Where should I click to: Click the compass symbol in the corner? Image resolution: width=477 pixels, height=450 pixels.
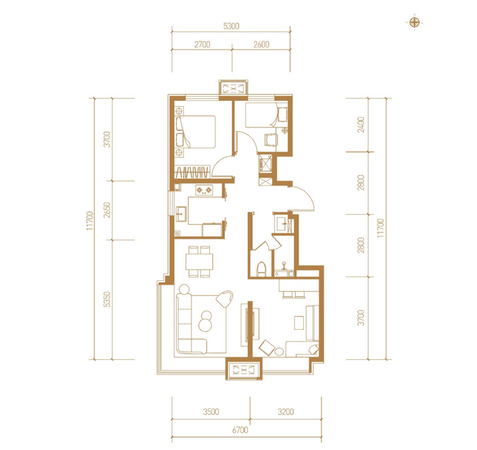[414, 22]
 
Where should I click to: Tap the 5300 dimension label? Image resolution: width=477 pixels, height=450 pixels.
[231, 26]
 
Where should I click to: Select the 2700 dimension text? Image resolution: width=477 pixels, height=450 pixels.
[202, 44]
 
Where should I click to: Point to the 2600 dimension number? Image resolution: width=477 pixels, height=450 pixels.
[261, 44]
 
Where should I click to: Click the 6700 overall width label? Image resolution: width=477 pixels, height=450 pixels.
[240, 430]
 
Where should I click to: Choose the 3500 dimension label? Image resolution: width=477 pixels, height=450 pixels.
[211, 412]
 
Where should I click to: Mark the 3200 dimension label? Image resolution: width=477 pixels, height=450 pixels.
[286, 412]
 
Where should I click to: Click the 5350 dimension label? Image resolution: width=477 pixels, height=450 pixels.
[107, 299]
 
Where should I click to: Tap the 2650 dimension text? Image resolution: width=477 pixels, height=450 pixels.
[107, 210]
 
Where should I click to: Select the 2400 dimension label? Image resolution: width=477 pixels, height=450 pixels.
[360, 125]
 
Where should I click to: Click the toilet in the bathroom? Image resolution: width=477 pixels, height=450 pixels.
[261, 269]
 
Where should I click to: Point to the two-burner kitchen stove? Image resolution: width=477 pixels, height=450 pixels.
[204, 190]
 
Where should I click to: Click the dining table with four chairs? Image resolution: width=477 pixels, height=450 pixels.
[200, 262]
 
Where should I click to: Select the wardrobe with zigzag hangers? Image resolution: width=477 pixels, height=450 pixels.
[193, 172]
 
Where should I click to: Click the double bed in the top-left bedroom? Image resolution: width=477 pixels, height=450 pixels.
[196, 132]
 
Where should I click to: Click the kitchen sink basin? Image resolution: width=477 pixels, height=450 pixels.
[182, 214]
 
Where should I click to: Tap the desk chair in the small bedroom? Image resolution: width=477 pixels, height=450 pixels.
[271, 140]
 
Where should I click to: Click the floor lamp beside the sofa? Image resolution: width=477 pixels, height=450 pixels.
[224, 299]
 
